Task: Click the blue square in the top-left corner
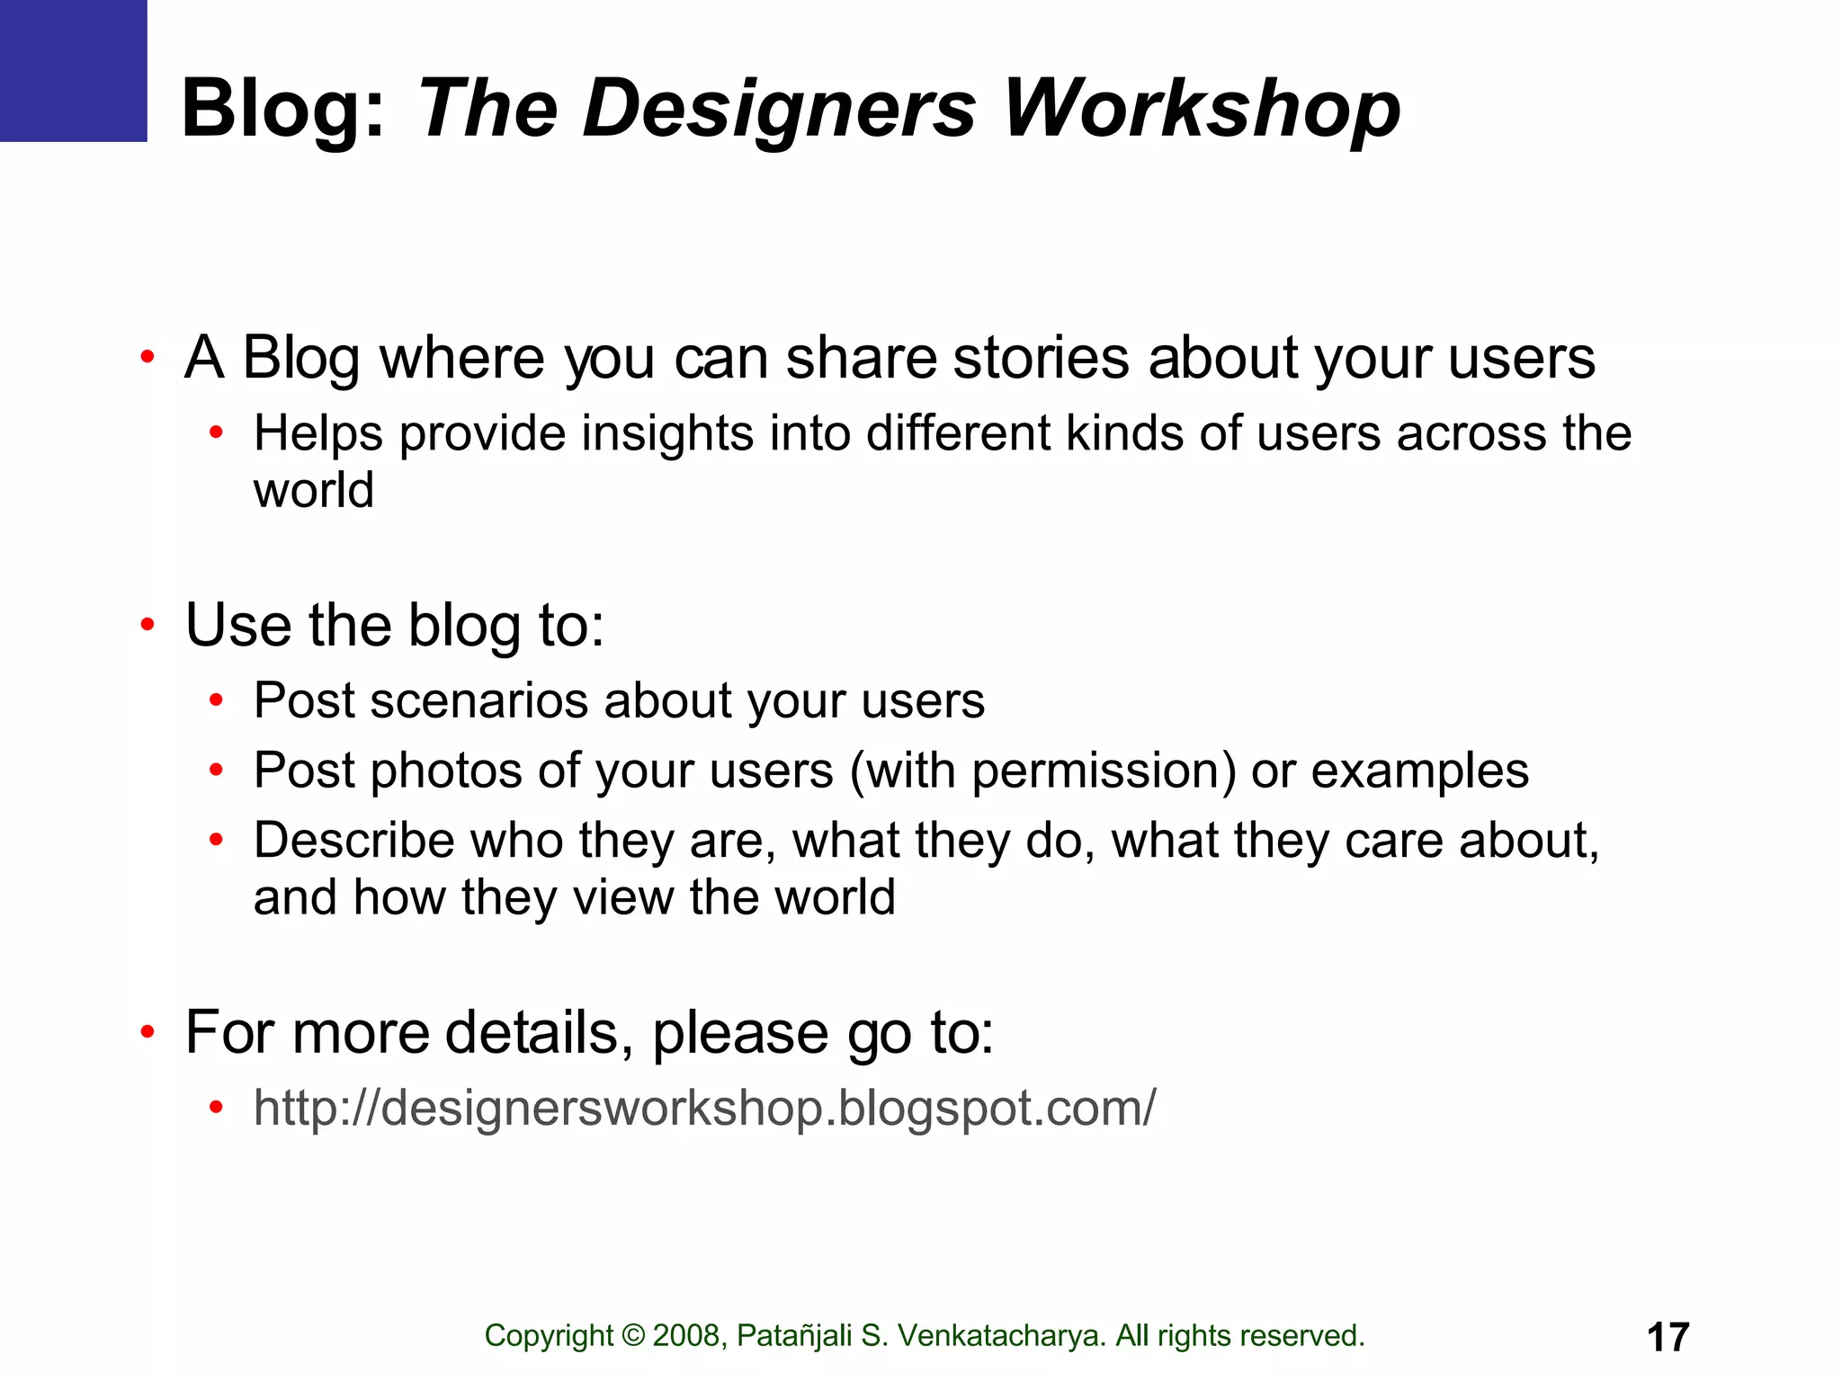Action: (x=73, y=70)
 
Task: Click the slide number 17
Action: (x=1668, y=1337)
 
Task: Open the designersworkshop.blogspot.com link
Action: (x=704, y=1108)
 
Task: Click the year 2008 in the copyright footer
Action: (x=687, y=1336)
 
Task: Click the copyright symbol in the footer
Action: (x=633, y=1336)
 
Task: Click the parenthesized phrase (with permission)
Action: (x=1042, y=771)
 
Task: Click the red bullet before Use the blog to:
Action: (x=148, y=625)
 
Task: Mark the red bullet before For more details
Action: (x=148, y=1033)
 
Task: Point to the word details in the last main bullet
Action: (x=532, y=1032)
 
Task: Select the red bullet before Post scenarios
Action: (x=216, y=700)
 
